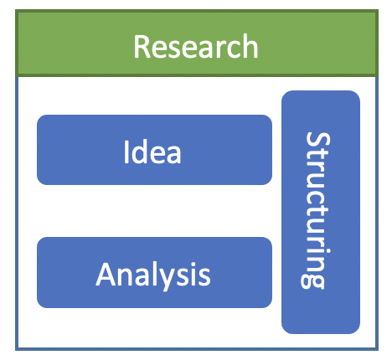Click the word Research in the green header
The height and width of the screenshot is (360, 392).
pyautogui.click(x=196, y=46)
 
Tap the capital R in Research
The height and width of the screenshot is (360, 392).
pyautogui.click(x=142, y=47)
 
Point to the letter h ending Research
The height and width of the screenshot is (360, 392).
pyautogui.click(x=250, y=46)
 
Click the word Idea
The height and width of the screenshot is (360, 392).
pyautogui.click(x=152, y=152)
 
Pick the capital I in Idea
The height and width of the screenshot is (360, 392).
pyautogui.click(x=126, y=152)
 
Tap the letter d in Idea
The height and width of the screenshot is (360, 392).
pyautogui.click(x=140, y=152)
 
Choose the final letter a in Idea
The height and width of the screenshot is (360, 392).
pyautogui.click(x=174, y=155)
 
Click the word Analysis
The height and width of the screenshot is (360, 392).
pyautogui.click(x=153, y=275)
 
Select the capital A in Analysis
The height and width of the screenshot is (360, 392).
pyautogui.click(x=106, y=275)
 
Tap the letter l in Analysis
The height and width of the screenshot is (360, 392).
pyautogui.click(x=154, y=274)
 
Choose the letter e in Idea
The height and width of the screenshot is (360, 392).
pyautogui.click(x=157, y=155)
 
